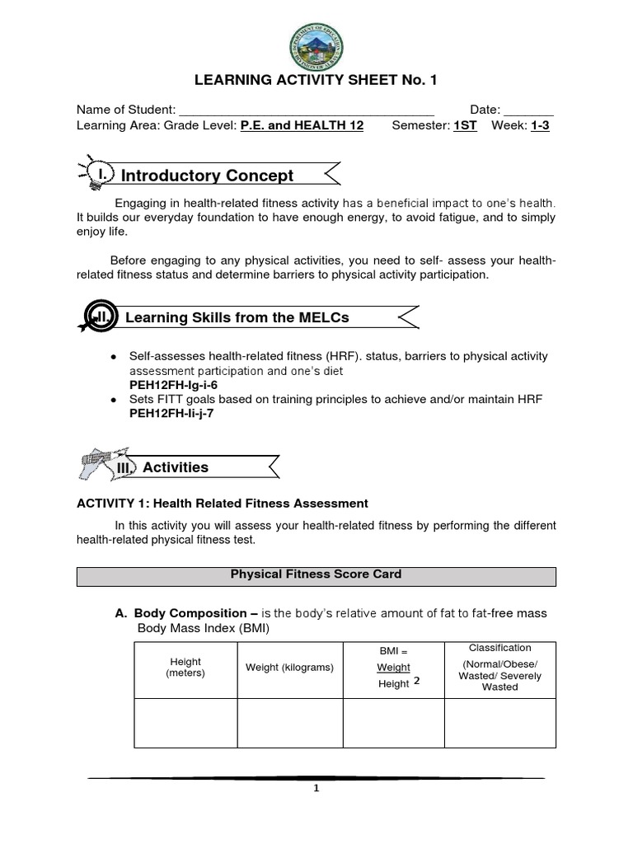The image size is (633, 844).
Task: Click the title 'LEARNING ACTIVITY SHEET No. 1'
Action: tap(316, 80)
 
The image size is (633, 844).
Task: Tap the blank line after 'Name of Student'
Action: tap(307, 111)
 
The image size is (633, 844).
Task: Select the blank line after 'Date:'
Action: tap(528, 111)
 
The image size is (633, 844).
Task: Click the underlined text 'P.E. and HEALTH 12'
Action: tap(302, 126)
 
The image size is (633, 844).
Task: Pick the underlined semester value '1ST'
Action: tap(465, 126)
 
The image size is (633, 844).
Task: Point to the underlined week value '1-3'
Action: tap(541, 126)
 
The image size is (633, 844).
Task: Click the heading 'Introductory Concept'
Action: tap(207, 176)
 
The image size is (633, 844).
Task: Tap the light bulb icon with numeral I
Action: tap(96, 172)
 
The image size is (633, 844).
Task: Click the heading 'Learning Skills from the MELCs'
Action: tap(237, 318)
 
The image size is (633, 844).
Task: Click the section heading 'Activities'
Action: tap(176, 467)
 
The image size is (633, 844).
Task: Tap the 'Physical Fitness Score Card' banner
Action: tap(316, 574)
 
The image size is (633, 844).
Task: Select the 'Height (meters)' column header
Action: tap(185, 668)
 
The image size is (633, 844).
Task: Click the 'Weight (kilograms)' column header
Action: tap(289, 668)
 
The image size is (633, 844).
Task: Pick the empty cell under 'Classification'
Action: tap(499, 723)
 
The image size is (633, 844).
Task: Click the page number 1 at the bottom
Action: tap(316, 788)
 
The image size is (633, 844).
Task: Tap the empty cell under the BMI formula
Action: tap(393, 723)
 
